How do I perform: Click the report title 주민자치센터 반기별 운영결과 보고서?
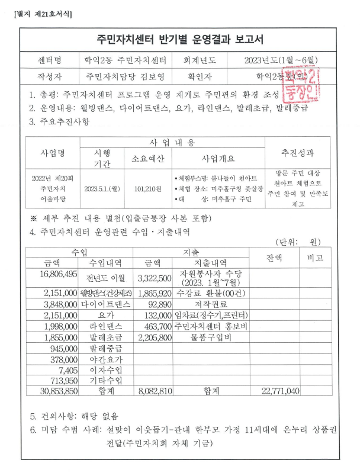point(180,40)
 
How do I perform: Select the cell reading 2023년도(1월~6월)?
point(281,60)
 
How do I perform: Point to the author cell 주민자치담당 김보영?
point(125,76)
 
